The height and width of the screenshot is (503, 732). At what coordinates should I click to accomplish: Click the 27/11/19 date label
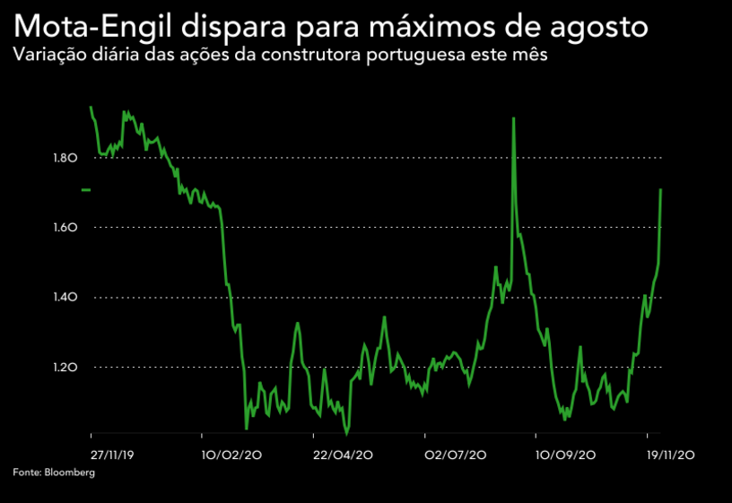[x=113, y=455]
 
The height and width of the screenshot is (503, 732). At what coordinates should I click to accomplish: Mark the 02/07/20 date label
[x=456, y=455]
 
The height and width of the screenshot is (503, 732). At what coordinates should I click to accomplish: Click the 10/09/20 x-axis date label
[x=566, y=455]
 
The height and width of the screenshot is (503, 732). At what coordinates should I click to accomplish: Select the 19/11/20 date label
[x=672, y=455]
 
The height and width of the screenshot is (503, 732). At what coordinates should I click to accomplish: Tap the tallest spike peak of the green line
[x=513, y=117]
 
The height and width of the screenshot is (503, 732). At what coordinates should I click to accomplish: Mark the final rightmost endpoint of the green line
[x=660, y=189]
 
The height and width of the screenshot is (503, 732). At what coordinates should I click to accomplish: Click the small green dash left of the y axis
[x=86, y=189]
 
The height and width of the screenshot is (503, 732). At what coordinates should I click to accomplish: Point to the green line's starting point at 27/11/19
[x=91, y=107]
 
